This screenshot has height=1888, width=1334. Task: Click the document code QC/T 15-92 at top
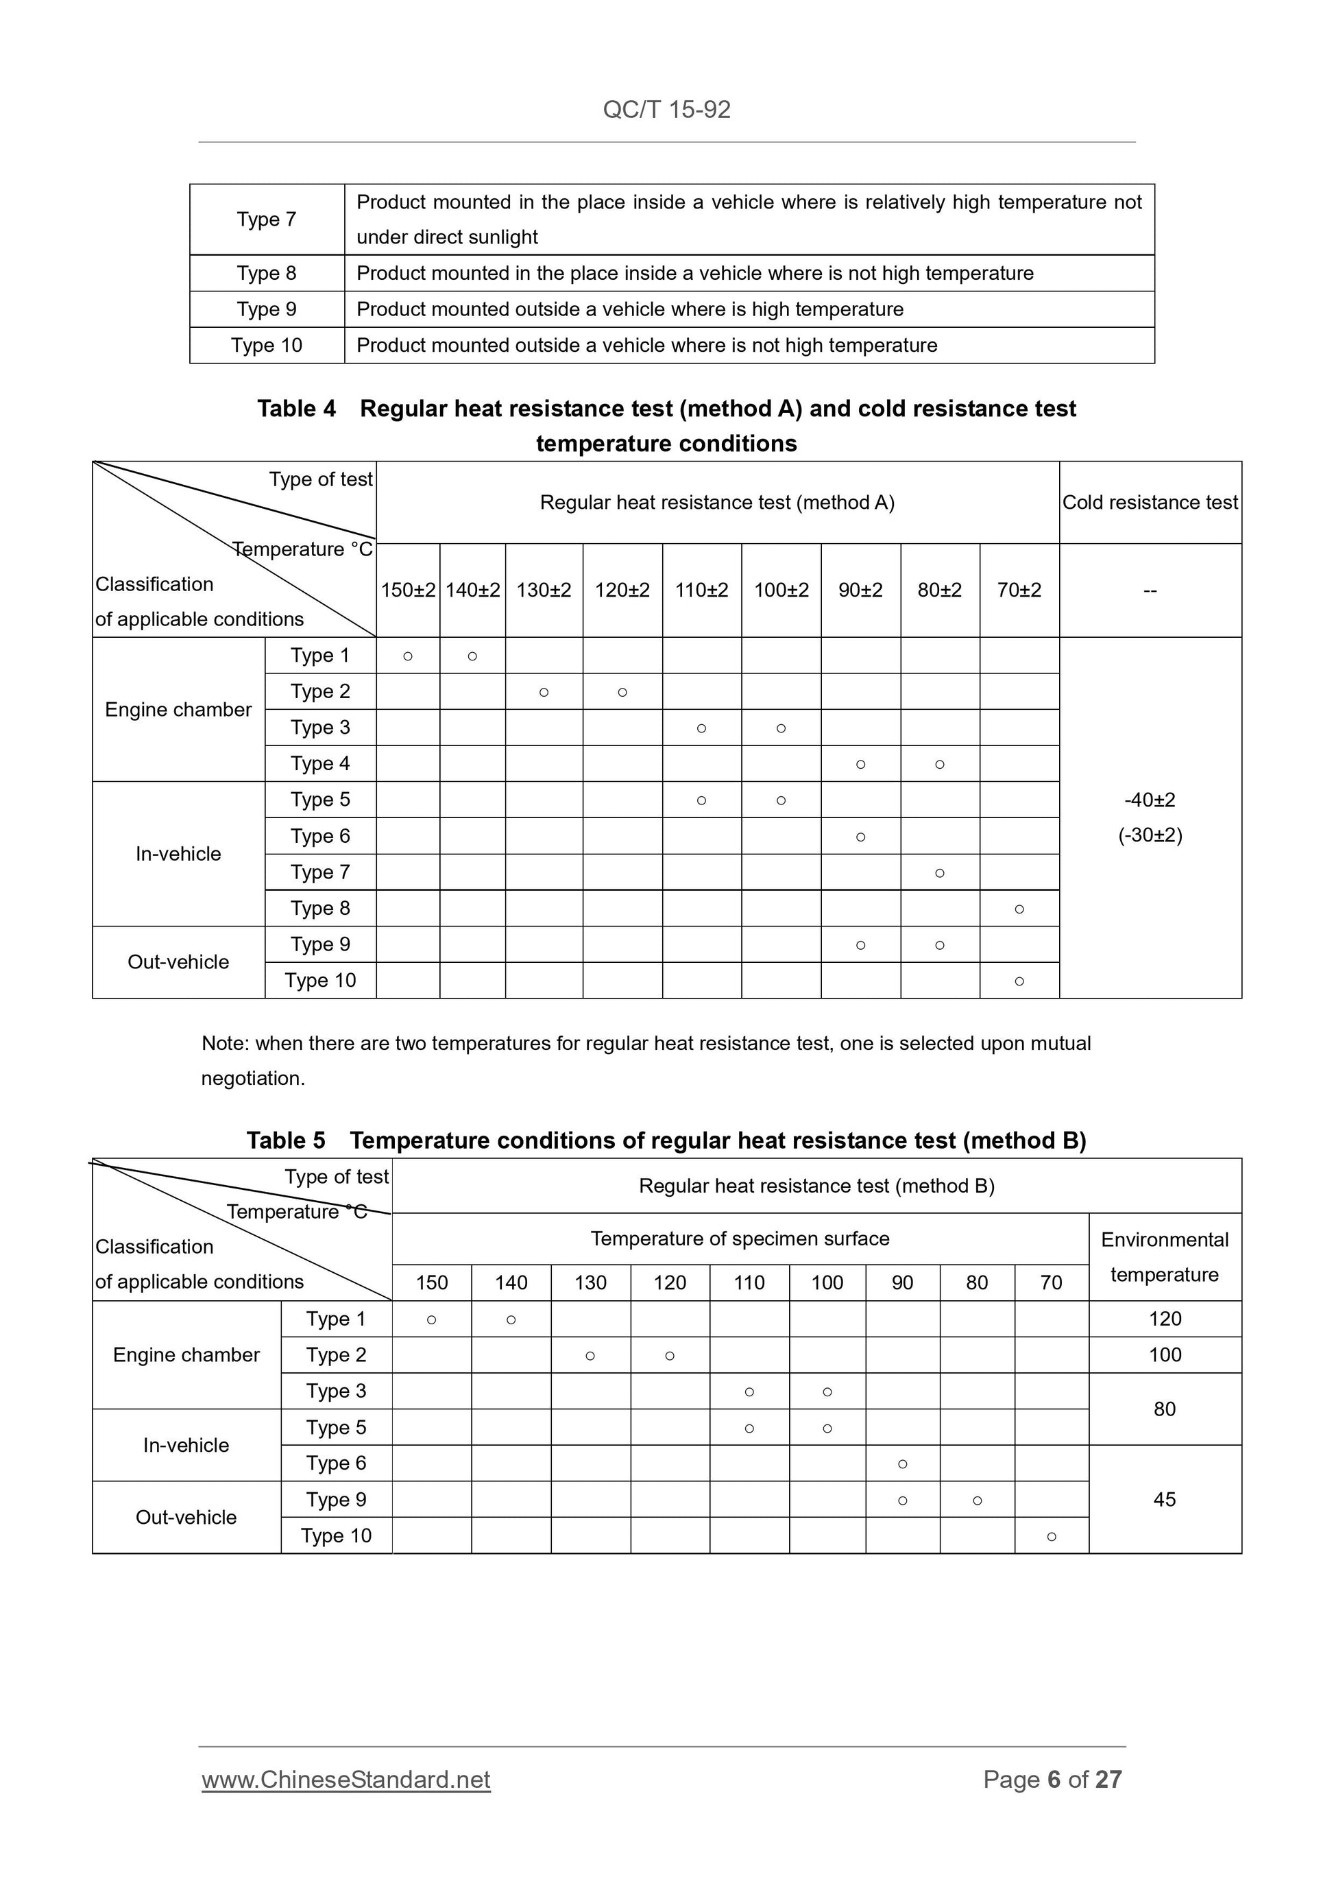[x=666, y=109]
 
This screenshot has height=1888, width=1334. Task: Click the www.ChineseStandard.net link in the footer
[x=346, y=1780]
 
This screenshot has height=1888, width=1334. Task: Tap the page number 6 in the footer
[x=1053, y=1780]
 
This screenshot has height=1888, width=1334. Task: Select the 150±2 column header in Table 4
[x=408, y=590]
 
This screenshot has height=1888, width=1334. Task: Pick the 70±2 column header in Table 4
[x=1019, y=590]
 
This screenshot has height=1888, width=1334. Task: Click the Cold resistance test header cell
[x=1150, y=503]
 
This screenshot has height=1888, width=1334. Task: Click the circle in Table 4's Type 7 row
[x=939, y=873]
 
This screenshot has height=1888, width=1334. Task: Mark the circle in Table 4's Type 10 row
[x=1019, y=981]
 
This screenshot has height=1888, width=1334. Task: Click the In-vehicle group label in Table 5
[x=186, y=1446]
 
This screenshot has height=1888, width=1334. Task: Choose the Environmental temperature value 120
[x=1165, y=1319]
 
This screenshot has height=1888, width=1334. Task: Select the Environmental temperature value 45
[x=1165, y=1499]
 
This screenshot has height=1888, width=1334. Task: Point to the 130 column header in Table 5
[x=590, y=1283]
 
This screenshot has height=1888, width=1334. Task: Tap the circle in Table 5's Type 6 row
[x=903, y=1463]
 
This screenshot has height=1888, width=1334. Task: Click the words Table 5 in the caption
[x=286, y=1140]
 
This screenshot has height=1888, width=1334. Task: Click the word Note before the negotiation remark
[x=223, y=1044]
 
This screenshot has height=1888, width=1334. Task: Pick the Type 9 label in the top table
[x=266, y=309]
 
